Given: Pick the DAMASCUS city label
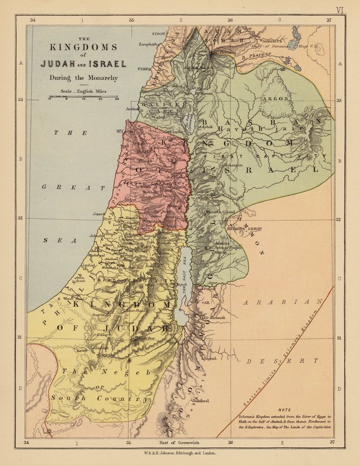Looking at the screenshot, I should [x=271, y=41].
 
